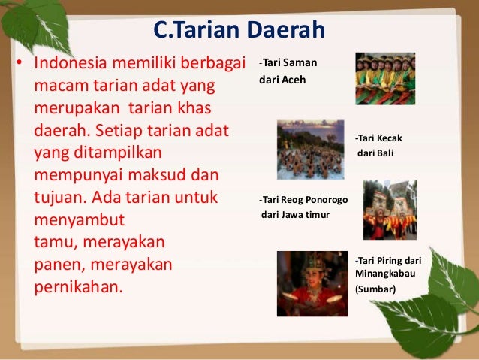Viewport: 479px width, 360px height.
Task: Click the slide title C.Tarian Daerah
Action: tap(239, 31)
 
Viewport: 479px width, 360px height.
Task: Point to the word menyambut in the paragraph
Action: tap(80, 222)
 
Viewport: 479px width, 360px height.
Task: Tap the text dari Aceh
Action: tap(280, 80)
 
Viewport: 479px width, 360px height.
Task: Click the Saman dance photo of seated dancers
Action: tap(384, 78)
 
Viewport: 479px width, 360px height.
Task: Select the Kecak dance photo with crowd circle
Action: tap(310, 148)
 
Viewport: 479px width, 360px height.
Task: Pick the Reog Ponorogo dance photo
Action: tap(389, 210)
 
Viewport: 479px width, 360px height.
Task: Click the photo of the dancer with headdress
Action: tap(312, 283)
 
